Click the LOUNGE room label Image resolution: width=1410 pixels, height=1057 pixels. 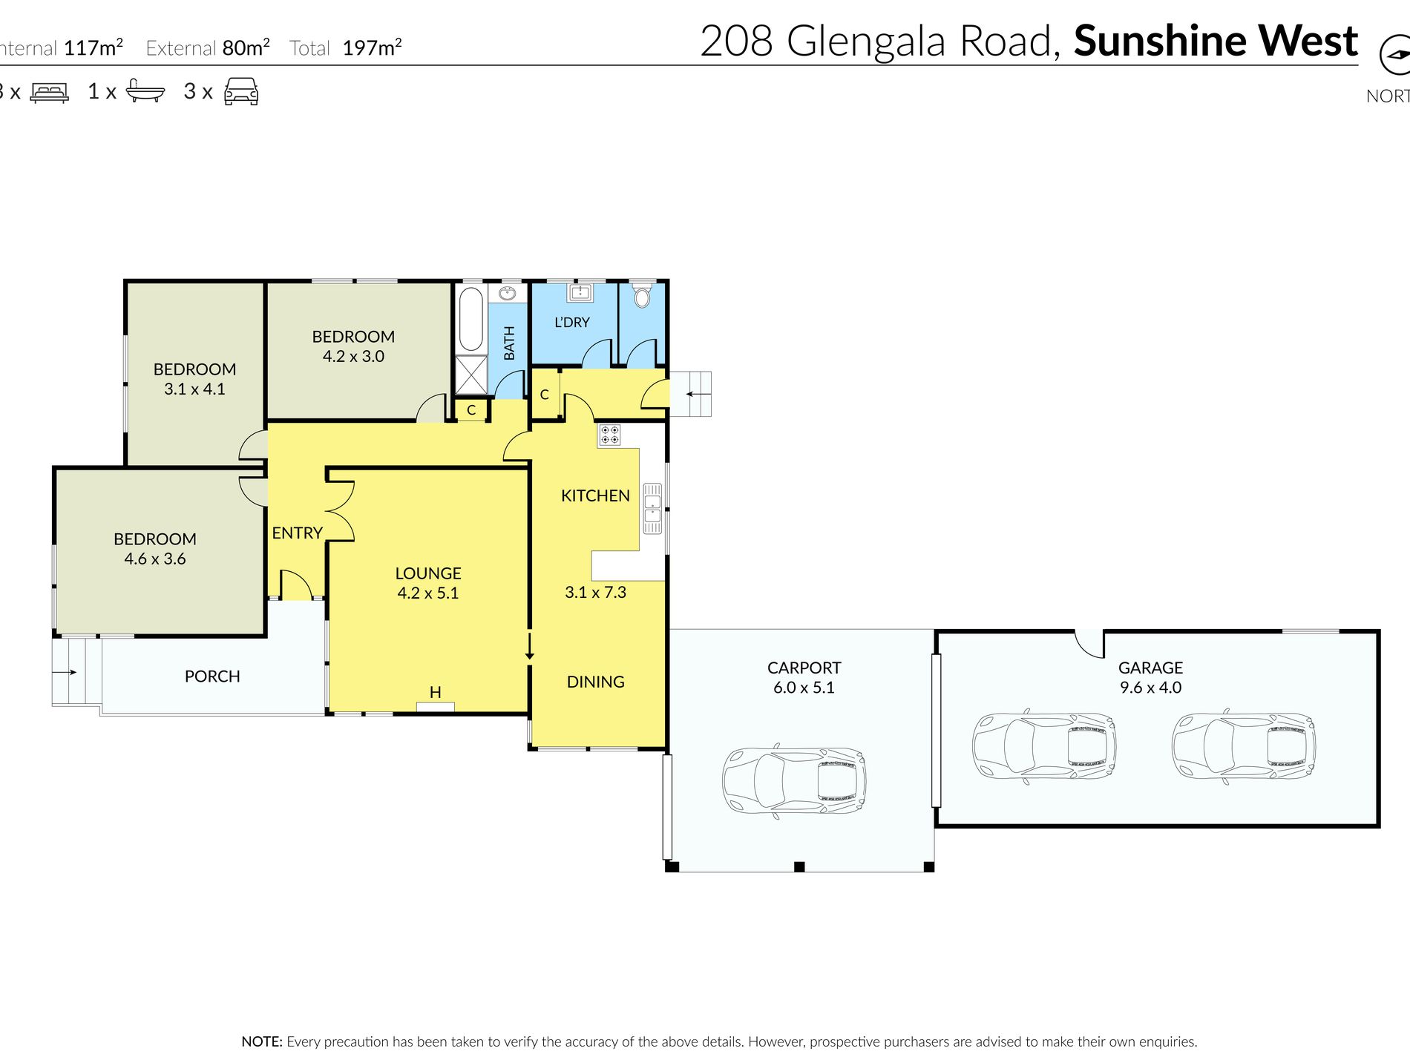click(428, 573)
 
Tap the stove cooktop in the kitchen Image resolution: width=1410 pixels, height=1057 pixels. click(609, 435)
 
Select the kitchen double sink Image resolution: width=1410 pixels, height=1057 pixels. click(652, 508)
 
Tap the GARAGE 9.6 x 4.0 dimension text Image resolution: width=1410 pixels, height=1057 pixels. click(1150, 688)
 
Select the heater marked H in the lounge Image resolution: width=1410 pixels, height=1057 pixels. click(436, 705)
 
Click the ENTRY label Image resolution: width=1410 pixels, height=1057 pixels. click(297, 533)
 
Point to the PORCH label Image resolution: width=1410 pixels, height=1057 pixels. click(212, 676)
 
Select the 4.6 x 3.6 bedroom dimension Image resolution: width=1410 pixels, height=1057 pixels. click(155, 559)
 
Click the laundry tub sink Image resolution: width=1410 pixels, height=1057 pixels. click(579, 292)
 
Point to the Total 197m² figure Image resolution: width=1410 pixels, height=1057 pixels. click(346, 48)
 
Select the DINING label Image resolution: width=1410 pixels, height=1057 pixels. click(596, 682)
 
